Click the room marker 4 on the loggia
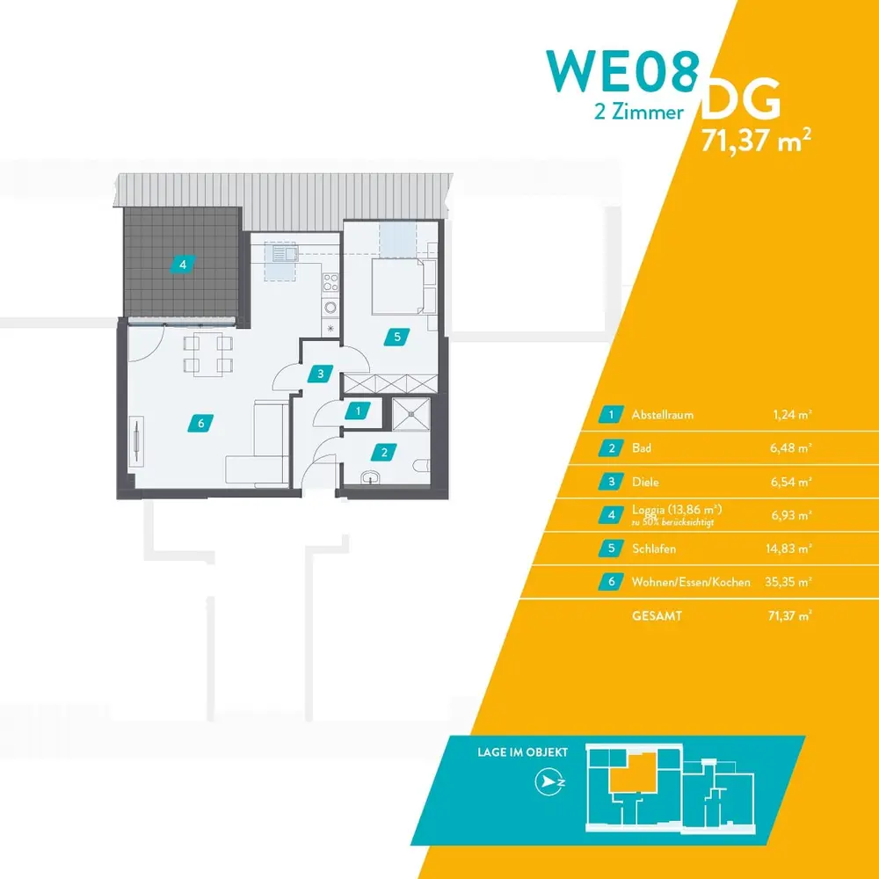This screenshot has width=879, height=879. point(182,263)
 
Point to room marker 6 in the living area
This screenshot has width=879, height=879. point(201,424)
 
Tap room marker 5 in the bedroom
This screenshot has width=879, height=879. point(397,335)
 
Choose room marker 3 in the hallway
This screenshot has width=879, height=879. point(322,374)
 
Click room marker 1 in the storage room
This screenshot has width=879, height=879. point(357,410)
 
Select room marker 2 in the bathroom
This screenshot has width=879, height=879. point(383,454)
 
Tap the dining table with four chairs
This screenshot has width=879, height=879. point(208,353)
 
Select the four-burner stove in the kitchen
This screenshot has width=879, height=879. point(331,283)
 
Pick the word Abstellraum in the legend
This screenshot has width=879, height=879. point(662,414)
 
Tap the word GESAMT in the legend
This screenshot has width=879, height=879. point(657,616)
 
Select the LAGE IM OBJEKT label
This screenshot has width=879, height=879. point(522,753)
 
